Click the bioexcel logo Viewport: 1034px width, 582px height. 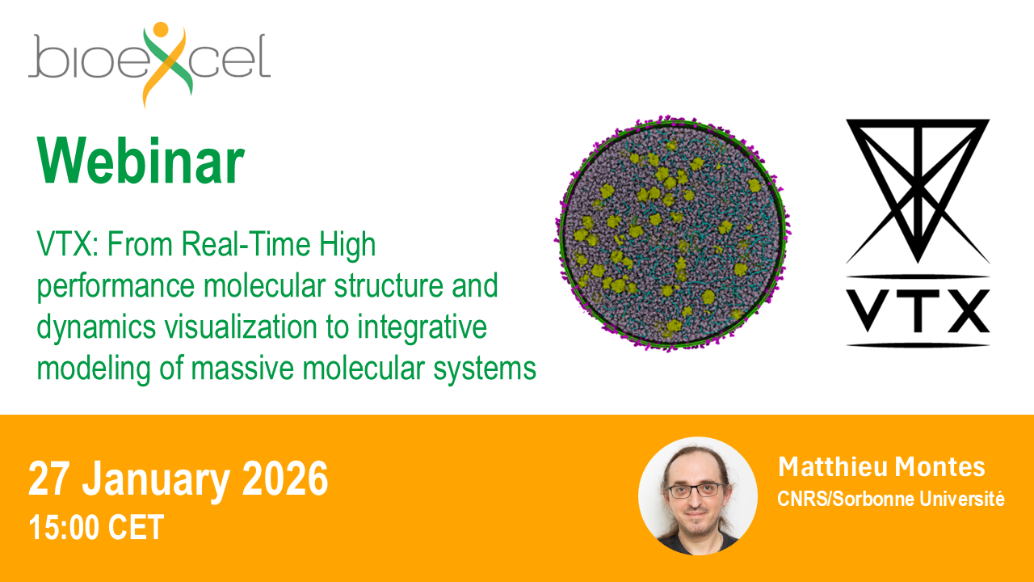[149, 65]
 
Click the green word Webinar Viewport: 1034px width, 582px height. [141, 161]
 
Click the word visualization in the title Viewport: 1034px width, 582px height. [241, 327]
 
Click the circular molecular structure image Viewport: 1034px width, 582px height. [671, 234]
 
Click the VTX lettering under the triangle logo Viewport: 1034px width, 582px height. [918, 310]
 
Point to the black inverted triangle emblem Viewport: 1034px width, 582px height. [918, 192]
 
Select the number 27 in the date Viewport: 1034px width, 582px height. [49, 479]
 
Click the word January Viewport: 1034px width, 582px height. [156, 480]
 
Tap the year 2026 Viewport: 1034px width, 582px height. [285, 479]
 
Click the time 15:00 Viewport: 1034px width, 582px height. [64, 528]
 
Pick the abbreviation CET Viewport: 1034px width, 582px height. [136, 528]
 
